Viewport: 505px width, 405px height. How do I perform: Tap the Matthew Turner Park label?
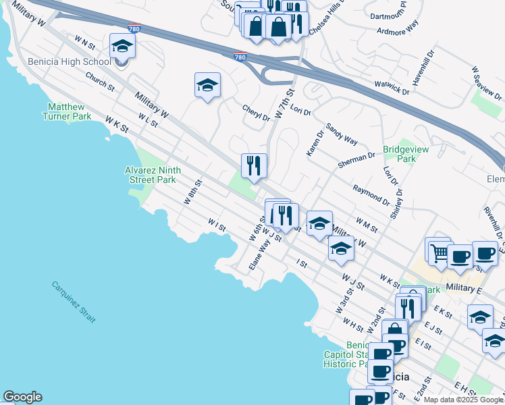coord(67,111)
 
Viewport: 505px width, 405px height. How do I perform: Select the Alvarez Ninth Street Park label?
coord(151,175)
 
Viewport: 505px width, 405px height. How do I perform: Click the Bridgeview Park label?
coord(399,154)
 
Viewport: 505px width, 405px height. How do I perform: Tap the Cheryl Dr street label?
coord(256,112)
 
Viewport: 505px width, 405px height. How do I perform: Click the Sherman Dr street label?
coord(356,157)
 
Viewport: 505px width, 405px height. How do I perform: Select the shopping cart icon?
coord(439,252)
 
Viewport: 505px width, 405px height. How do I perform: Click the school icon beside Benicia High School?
coord(122,45)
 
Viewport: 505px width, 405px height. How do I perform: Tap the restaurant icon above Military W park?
coord(254,165)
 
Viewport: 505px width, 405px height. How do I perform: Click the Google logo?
coord(22,397)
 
